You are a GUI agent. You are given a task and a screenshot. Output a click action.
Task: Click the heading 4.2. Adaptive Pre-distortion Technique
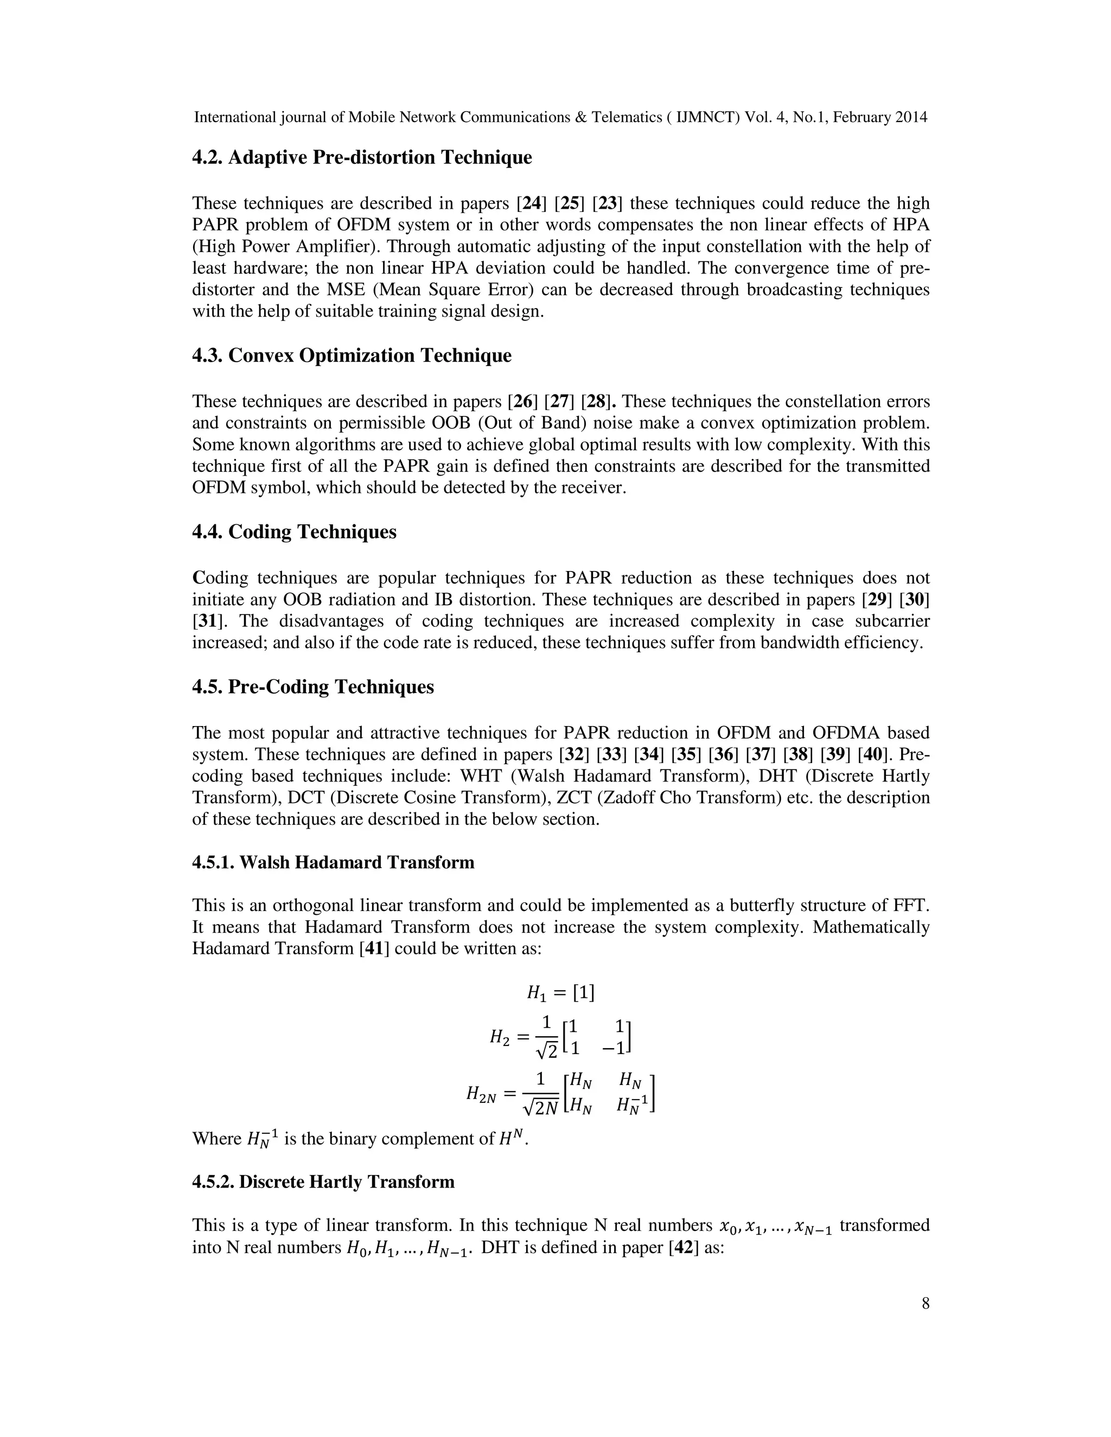click(x=361, y=158)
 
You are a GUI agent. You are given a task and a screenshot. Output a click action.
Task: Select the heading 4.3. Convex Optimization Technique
click(x=352, y=356)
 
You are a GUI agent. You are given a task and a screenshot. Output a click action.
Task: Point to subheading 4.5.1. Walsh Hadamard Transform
click(x=333, y=863)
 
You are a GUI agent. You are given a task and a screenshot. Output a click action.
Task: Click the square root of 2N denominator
click(x=540, y=1109)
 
